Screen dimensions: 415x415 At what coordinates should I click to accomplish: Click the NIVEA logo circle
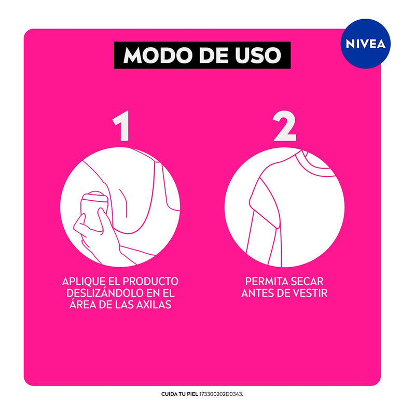[366, 44]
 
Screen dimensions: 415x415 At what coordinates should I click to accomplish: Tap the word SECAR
[311, 281]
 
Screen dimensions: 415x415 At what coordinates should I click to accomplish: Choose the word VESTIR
[309, 293]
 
